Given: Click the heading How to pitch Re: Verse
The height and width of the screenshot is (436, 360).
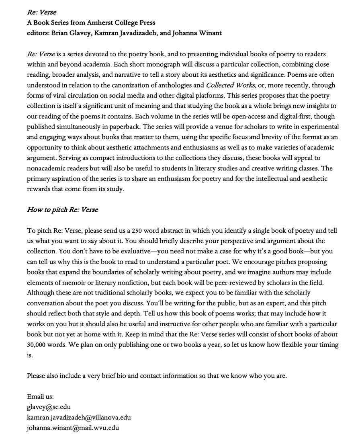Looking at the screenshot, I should tap(62, 210).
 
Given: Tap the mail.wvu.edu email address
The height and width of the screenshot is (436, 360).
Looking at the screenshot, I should tap(73, 428).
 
